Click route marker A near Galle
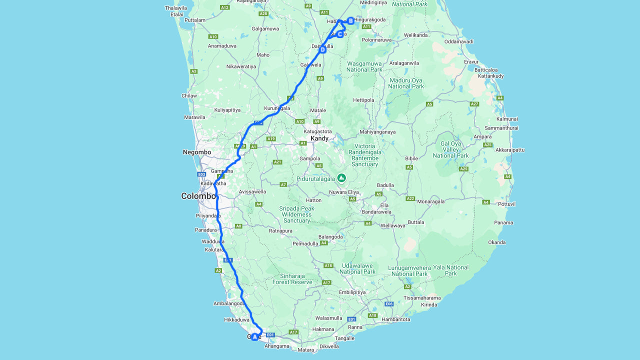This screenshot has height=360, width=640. tap(254, 337)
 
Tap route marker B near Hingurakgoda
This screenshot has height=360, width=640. tap(351, 20)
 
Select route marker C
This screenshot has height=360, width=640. tap(340, 34)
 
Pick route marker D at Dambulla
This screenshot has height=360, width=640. tap(322, 49)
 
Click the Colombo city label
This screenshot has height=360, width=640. tap(198, 196)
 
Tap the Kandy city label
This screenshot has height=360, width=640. tap(319, 138)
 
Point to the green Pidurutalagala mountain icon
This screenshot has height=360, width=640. tap(341, 177)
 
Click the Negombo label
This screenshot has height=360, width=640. tap(197, 152)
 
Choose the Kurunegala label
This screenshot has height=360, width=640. tap(277, 108)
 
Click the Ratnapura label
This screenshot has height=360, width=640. tap(280, 231)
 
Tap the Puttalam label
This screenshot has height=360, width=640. tap(195, 20)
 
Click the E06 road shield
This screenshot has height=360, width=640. tap(389, 304)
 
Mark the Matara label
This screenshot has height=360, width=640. tap(305, 350)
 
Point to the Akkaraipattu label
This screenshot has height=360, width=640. tap(510, 150)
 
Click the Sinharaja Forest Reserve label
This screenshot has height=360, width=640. tap(292, 279)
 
